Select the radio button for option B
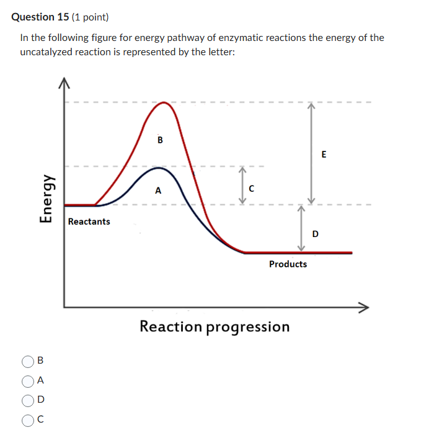coord(28,361)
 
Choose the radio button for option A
coord(28,380)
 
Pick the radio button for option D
coord(28,400)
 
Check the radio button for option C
coord(28,420)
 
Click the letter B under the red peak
coord(160,140)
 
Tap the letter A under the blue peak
coord(158,191)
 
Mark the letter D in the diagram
coord(316,234)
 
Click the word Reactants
coord(89,222)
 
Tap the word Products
coord(288,264)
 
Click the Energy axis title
coord(45,197)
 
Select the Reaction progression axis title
coord(215,326)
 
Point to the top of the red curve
coord(163,103)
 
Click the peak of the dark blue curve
coord(159,168)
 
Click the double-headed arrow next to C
coord(243,184)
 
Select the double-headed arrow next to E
coord(312,153)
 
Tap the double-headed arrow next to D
coord(301,228)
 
